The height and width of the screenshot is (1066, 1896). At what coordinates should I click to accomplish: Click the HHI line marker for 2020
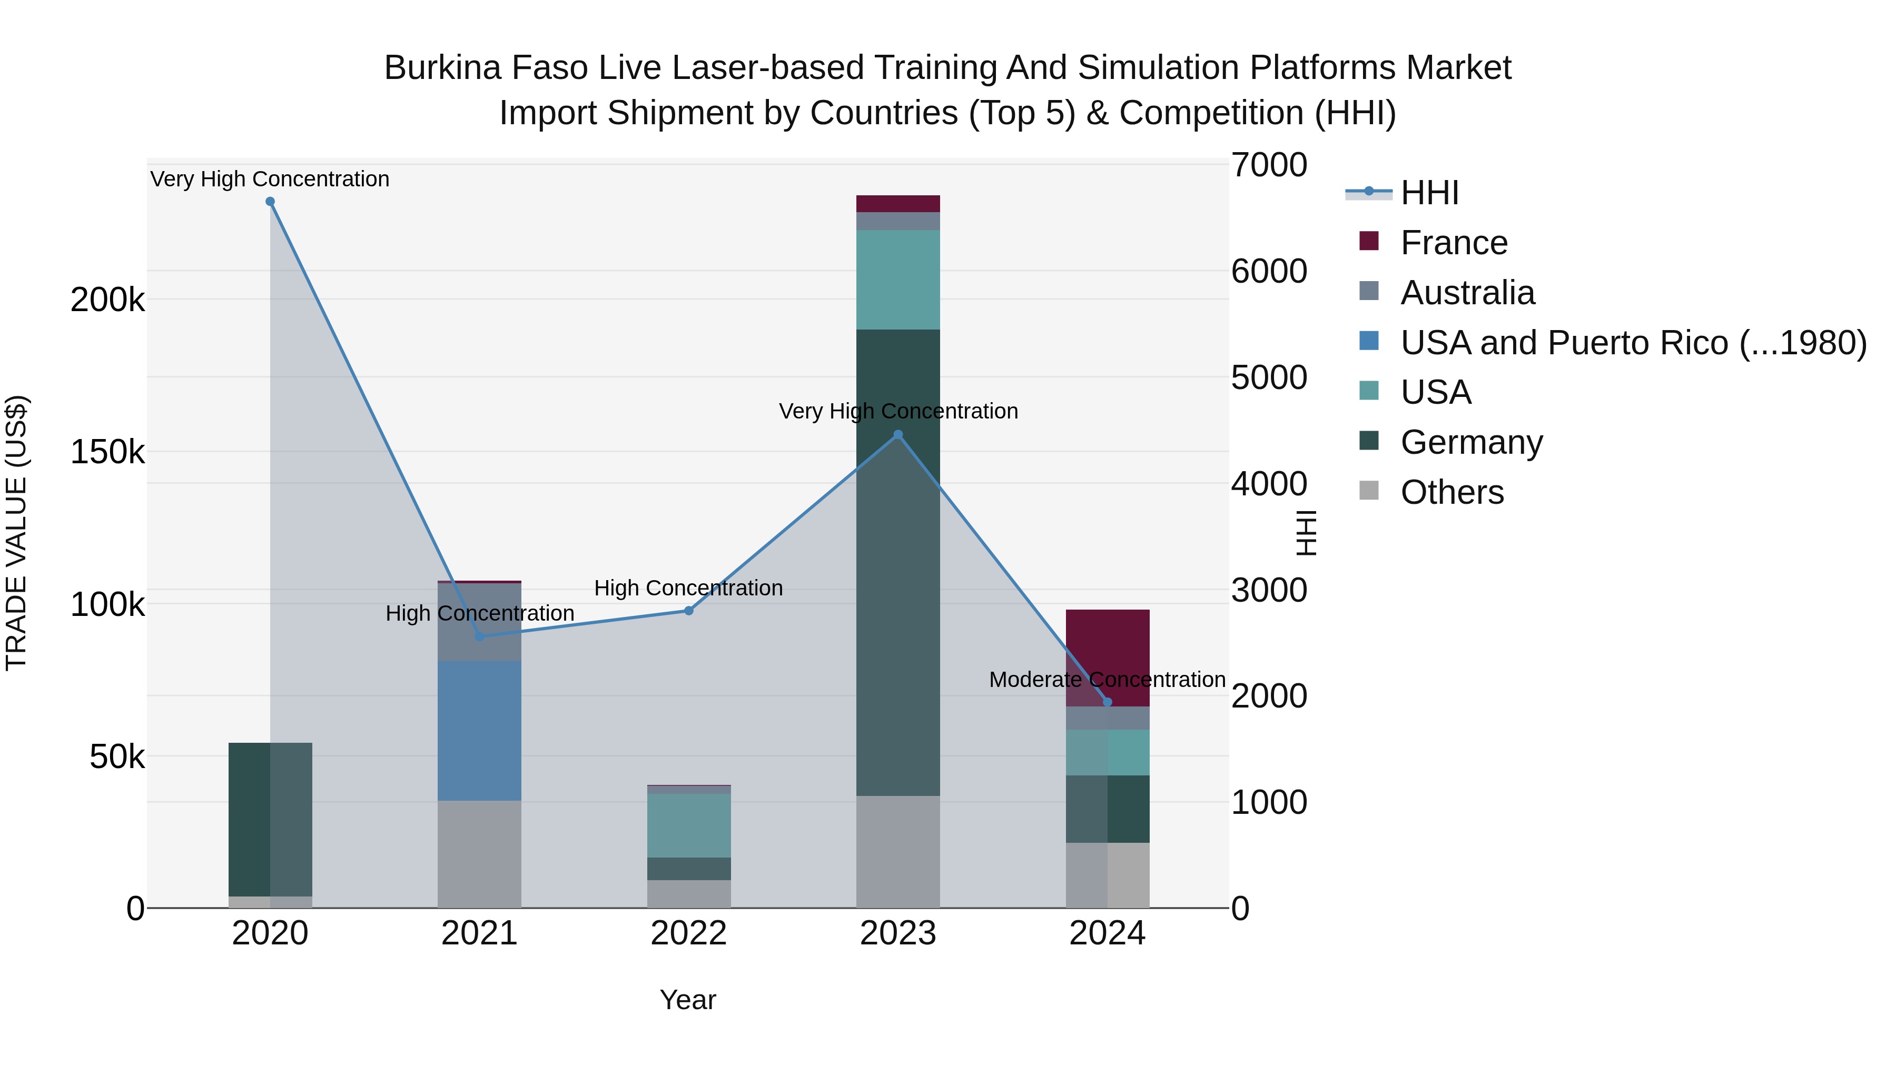270,202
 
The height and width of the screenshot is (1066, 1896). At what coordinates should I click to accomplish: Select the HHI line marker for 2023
898,435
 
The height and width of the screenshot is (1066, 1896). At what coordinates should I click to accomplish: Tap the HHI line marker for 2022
689,611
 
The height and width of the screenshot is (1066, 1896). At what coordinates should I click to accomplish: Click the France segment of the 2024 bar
1107,647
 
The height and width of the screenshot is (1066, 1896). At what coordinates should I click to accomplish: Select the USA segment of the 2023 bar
898,280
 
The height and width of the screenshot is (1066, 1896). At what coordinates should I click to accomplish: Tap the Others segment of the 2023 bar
898,851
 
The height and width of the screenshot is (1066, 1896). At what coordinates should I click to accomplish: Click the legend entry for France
1454,243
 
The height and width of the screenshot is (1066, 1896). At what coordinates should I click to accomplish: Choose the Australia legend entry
1467,293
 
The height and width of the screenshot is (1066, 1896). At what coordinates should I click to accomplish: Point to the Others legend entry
1451,492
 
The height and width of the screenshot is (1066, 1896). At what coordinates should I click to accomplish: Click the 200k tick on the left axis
107,300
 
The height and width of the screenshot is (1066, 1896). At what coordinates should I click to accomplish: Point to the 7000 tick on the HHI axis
1269,165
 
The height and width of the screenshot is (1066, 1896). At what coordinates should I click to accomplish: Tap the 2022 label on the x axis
689,933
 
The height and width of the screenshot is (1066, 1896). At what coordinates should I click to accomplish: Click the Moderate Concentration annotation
1107,680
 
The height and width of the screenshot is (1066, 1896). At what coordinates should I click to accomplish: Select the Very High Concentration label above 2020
270,179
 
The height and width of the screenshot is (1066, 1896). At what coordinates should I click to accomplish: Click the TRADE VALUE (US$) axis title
16,533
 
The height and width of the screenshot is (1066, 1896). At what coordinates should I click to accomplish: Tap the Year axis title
687,1000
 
